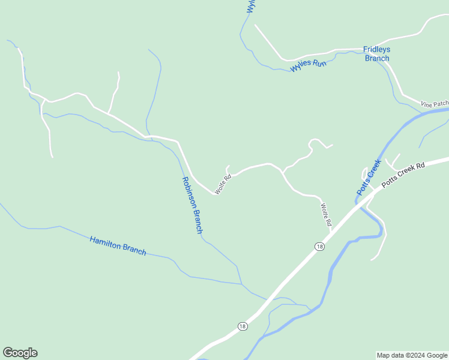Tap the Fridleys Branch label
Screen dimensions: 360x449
(377, 54)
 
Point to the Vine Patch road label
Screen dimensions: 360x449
(435, 104)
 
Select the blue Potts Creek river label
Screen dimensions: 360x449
(369, 176)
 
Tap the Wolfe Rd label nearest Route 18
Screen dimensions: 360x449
(326, 215)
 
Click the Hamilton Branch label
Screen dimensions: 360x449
(118, 246)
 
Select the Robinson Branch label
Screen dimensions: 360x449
(193, 205)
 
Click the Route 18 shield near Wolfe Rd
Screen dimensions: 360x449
(319, 247)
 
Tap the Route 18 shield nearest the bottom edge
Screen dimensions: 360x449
(242, 326)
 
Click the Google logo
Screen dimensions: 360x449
(20, 353)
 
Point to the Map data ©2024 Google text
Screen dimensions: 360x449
(412, 355)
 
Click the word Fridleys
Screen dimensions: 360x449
(377, 50)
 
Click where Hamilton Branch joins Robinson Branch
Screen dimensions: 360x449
(241, 284)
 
